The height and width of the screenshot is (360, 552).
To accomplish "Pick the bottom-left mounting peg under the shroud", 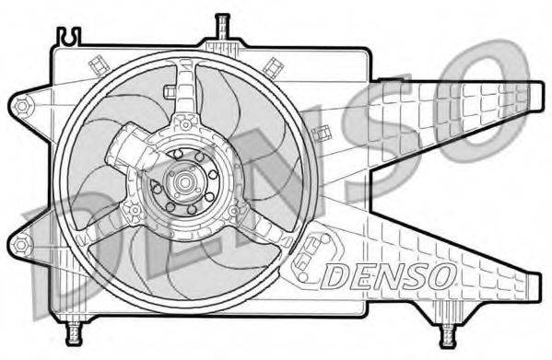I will (x=75, y=330).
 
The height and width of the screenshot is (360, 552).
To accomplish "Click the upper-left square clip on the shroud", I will (x=98, y=66).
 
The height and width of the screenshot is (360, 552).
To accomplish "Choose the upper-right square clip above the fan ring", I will (x=273, y=66).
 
